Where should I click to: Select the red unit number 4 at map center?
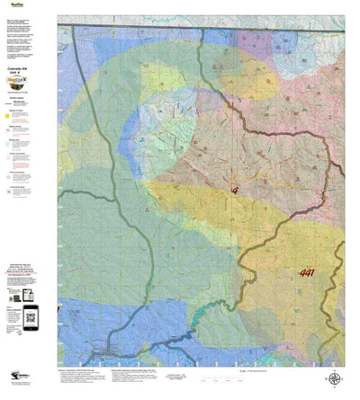(x=235, y=191)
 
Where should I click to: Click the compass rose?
(x=334, y=380)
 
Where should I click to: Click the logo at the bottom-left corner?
(x=20, y=379)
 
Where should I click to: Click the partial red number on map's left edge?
(x=59, y=310)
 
